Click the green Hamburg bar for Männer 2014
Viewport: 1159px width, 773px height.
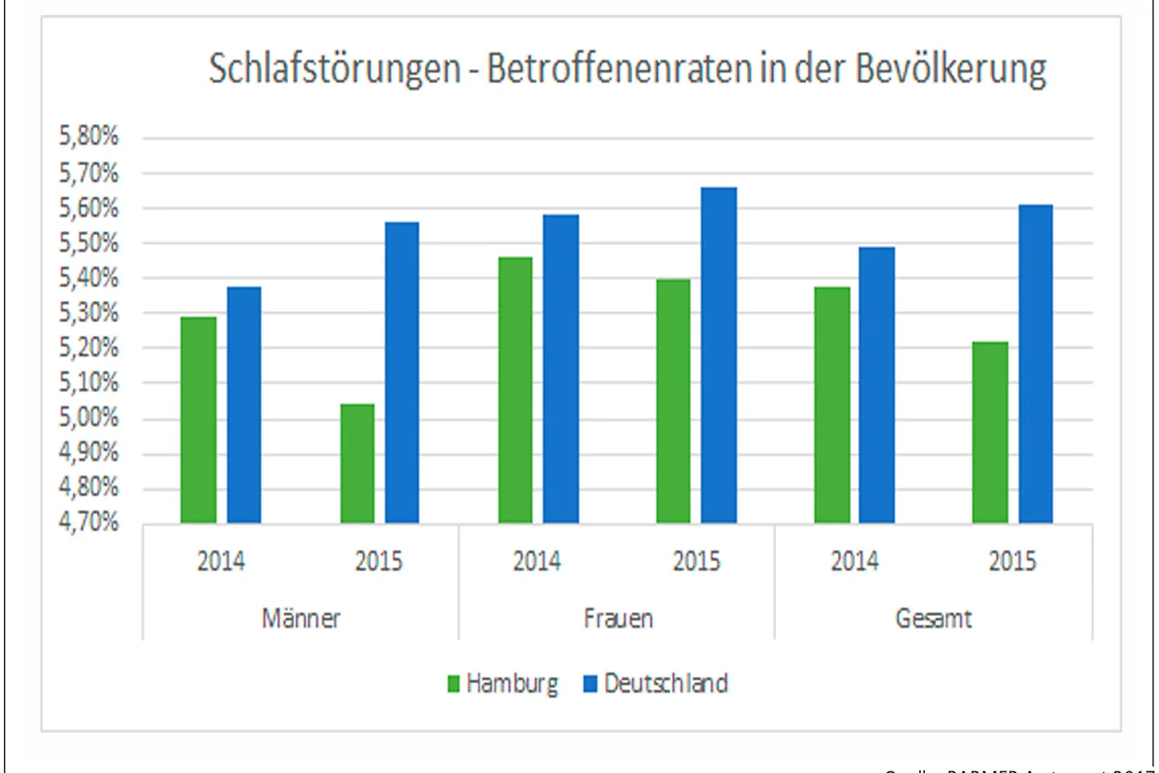coord(198,420)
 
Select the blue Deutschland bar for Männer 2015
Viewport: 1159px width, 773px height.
coord(402,373)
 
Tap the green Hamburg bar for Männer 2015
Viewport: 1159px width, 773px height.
coord(357,463)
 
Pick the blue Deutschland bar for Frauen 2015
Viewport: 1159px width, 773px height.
coord(718,355)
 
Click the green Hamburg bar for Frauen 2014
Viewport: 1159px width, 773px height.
coord(515,390)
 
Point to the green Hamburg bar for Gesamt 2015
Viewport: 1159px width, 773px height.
coord(990,432)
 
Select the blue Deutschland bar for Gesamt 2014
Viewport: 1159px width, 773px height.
coord(876,385)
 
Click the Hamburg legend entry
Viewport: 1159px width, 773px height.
coord(504,684)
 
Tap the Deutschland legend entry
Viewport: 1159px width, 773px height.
coord(656,684)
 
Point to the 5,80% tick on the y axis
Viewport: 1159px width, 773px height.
coord(89,136)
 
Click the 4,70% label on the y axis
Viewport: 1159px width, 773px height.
coord(89,522)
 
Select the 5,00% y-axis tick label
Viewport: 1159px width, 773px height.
coord(89,417)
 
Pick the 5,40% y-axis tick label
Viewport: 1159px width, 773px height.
coord(89,278)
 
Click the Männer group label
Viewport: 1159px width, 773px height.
coord(301,618)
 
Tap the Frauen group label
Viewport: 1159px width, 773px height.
coord(618,618)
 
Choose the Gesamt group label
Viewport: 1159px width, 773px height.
coord(934,618)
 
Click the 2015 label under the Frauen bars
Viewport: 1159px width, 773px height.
coord(696,561)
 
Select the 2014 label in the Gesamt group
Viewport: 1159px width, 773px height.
coord(855,561)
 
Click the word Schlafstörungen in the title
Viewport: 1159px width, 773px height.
coord(334,69)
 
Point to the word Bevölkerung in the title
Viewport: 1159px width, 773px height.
coord(951,69)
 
